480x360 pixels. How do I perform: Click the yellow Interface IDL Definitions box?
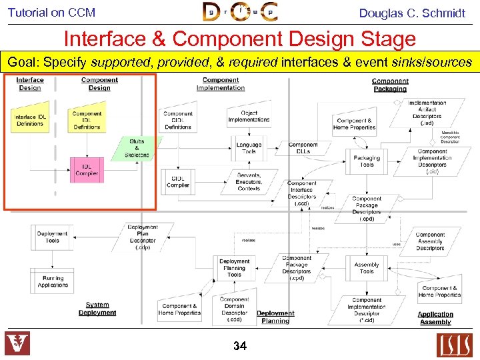29,119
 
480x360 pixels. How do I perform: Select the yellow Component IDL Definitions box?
87,119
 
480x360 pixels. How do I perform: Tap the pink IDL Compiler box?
87,169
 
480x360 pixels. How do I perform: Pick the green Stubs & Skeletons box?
137,148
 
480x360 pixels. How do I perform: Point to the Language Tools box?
249,147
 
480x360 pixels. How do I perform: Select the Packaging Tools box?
367,161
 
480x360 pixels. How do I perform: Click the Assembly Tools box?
367,267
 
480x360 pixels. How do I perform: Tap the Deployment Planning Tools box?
235,267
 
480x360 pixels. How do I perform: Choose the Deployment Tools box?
52,237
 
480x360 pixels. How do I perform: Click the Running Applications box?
53,281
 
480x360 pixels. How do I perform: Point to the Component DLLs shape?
303,147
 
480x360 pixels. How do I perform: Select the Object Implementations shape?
249,116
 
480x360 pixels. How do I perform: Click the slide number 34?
240,345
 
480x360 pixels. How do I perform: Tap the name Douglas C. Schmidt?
411,13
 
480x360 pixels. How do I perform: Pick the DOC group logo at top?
241,12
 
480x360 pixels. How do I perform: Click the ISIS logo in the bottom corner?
454,345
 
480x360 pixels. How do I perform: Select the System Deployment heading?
97,309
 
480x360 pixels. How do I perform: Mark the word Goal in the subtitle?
21,63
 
